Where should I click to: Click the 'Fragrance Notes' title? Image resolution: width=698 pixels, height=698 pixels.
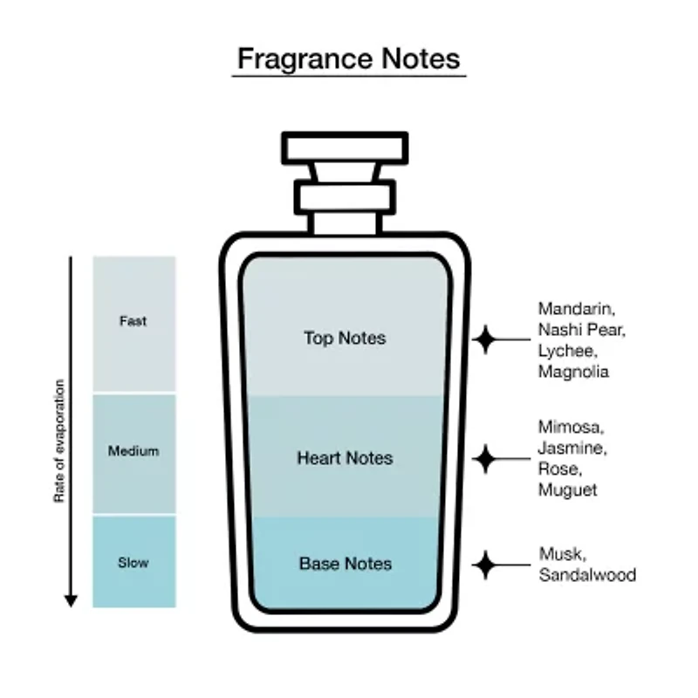(348, 59)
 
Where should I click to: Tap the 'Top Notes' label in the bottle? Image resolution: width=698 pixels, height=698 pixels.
(345, 339)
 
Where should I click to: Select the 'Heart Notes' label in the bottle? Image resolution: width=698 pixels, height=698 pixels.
(345, 458)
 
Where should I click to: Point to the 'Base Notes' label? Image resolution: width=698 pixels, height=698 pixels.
(346, 564)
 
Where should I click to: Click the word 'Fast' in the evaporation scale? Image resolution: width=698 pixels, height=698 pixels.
(133, 321)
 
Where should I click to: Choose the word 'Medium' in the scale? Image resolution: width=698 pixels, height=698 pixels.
(133, 451)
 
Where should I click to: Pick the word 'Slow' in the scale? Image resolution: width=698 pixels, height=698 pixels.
(133, 563)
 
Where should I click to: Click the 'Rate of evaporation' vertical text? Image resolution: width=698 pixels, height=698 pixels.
(59, 441)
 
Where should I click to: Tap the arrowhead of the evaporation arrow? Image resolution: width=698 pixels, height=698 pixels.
(71, 600)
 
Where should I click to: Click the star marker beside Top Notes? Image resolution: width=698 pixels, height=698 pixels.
(485, 339)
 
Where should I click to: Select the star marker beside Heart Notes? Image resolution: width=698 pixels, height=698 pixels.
(485, 459)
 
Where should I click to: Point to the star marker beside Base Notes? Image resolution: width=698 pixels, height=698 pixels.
(485, 565)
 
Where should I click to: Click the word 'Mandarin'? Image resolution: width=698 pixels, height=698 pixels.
(577, 309)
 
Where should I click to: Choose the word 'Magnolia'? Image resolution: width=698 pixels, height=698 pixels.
(573, 372)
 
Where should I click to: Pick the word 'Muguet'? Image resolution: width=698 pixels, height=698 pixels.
(568, 490)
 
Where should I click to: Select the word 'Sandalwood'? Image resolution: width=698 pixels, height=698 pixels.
(587, 575)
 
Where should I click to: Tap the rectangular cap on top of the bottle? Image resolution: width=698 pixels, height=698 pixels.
(345, 148)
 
